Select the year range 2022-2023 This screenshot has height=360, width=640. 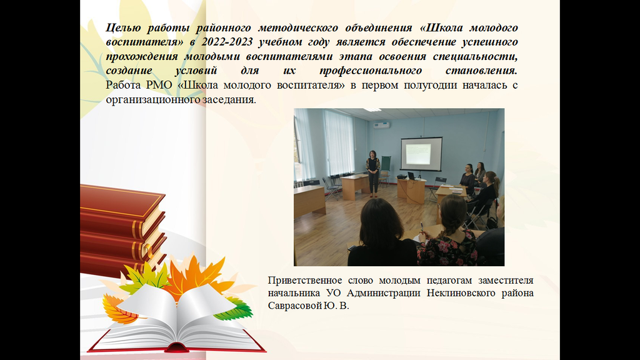227,42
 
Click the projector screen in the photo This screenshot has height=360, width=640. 421,153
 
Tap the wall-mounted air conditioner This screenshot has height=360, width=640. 381,125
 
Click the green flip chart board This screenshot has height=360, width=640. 385,164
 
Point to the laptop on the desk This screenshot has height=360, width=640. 411,176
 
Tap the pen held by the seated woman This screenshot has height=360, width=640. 421,226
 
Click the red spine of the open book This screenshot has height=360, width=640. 176,347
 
